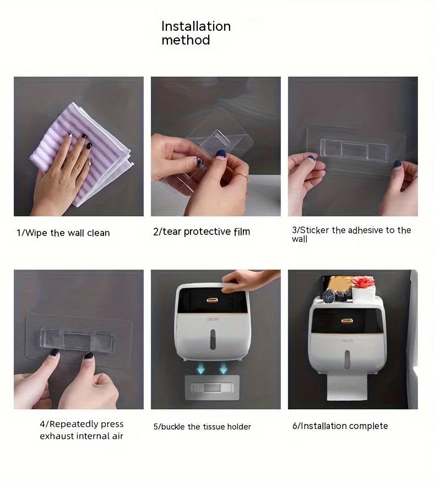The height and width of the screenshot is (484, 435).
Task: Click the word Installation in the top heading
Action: point(195,26)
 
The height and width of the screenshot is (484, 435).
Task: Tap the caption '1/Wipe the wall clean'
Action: point(63,233)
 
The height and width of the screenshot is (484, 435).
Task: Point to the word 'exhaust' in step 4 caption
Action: point(59,436)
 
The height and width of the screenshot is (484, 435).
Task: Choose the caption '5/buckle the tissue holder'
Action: point(202,427)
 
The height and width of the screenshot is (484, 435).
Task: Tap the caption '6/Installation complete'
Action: point(340,426)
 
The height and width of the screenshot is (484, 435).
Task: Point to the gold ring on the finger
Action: point(243,177)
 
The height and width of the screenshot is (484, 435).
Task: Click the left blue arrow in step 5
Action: point(202,367)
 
